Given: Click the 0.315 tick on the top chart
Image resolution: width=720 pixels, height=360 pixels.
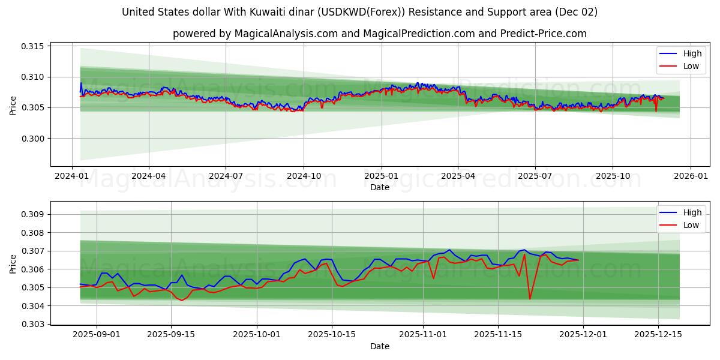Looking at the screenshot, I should [x=34, y=46].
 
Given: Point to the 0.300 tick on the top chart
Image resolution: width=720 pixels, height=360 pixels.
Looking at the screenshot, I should [x=34, y=139].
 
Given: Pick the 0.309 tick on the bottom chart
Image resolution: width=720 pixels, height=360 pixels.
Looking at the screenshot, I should [x=34, y=214].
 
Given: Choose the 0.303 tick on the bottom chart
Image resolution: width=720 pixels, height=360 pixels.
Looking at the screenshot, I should [x=34, y=324].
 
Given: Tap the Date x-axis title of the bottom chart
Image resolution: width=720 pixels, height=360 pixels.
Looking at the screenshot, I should [x=379, y=346].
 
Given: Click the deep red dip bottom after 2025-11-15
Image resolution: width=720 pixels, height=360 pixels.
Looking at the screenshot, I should [x=530, y=299].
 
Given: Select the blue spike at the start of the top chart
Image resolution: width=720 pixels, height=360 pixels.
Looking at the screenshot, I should [x=81, y=83].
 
